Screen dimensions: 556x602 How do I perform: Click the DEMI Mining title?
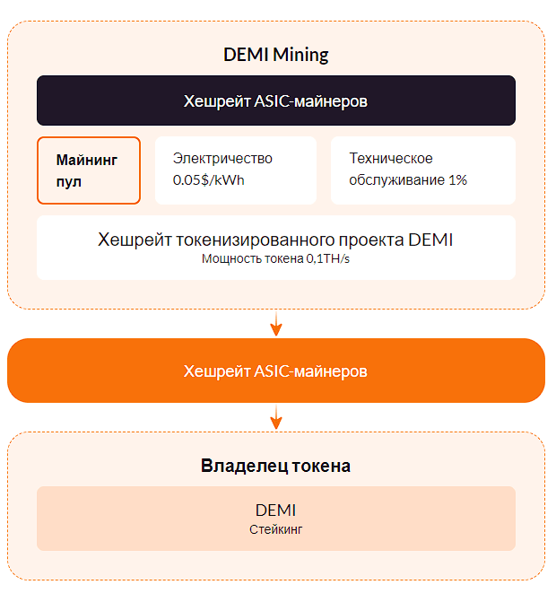pos(276,55)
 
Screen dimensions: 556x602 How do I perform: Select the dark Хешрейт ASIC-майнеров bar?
pos(276,100)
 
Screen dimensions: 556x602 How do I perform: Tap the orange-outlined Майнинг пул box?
pos(89,170)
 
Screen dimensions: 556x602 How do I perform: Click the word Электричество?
pos(222,158)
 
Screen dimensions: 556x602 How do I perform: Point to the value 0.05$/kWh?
pos(208,179)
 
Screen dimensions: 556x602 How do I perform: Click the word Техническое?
pos(391,158)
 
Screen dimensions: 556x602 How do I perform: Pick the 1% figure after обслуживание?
pos(457,179)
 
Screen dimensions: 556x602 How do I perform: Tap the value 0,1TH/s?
pos(328,258)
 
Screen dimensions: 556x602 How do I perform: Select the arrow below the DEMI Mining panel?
pos(276,324)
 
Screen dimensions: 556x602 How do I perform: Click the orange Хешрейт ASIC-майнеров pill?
pos(276,371)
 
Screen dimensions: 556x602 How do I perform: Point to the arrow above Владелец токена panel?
pos(276,416)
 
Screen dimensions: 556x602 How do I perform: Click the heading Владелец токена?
pos(275,466)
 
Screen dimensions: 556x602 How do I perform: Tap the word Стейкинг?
pos(276,529)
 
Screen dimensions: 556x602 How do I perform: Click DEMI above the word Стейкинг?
pos(276,510)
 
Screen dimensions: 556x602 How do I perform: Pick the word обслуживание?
pos(396,180)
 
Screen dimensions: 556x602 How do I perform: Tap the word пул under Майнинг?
pos(69,181)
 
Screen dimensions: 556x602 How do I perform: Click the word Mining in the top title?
pos(300,55)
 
